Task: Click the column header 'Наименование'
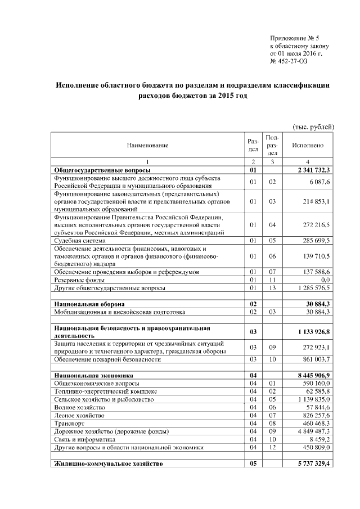pos(147,146)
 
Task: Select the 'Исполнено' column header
pos(308,145)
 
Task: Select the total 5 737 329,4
pos(310,463)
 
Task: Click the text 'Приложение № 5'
pos(295,38)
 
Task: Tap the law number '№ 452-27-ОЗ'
pos(289,61)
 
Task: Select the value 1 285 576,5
pos(311,288)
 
